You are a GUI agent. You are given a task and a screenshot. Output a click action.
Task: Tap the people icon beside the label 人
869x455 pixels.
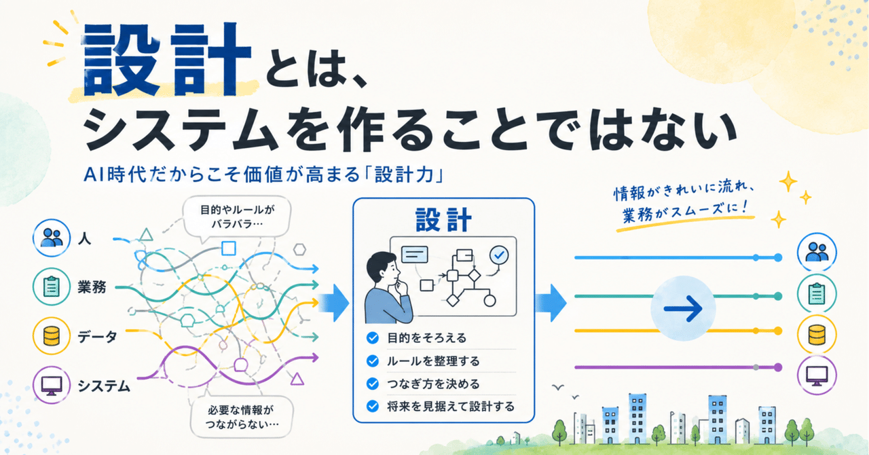pos(52,238)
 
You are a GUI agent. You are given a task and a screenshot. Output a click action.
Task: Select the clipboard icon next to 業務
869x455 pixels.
pos(52,287)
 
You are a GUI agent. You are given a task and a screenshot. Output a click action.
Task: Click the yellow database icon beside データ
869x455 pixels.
pos(52,335)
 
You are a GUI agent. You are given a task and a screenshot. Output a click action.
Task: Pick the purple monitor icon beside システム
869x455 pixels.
pos(52,385)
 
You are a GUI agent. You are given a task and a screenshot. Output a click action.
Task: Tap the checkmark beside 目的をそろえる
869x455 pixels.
pos(373,338)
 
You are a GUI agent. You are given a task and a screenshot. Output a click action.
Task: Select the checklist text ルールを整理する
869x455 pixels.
pos(433,361)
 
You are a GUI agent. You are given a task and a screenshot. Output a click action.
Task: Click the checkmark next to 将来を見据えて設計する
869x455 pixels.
pos(373,407)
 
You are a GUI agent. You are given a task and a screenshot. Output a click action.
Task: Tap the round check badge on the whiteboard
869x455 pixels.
pos(499,255)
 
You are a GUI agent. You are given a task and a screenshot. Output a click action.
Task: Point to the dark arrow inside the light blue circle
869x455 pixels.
pos(683,308)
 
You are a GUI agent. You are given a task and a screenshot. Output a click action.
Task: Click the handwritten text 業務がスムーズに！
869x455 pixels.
pos(686,212)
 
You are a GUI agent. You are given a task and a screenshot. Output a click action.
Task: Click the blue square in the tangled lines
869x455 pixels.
pos(229,249)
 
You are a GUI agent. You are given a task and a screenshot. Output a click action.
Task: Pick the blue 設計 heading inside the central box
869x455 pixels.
pos(443,220)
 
